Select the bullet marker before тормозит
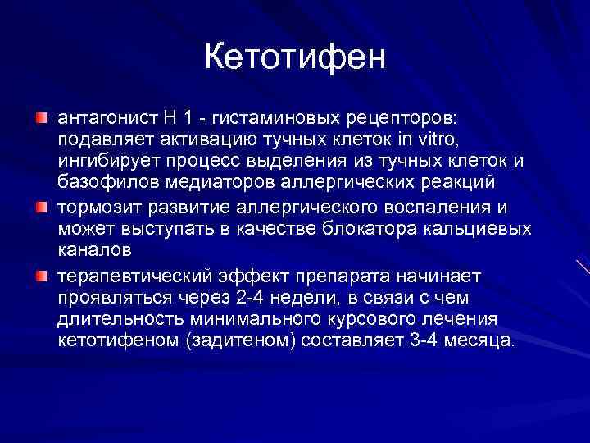coord(41,207)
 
